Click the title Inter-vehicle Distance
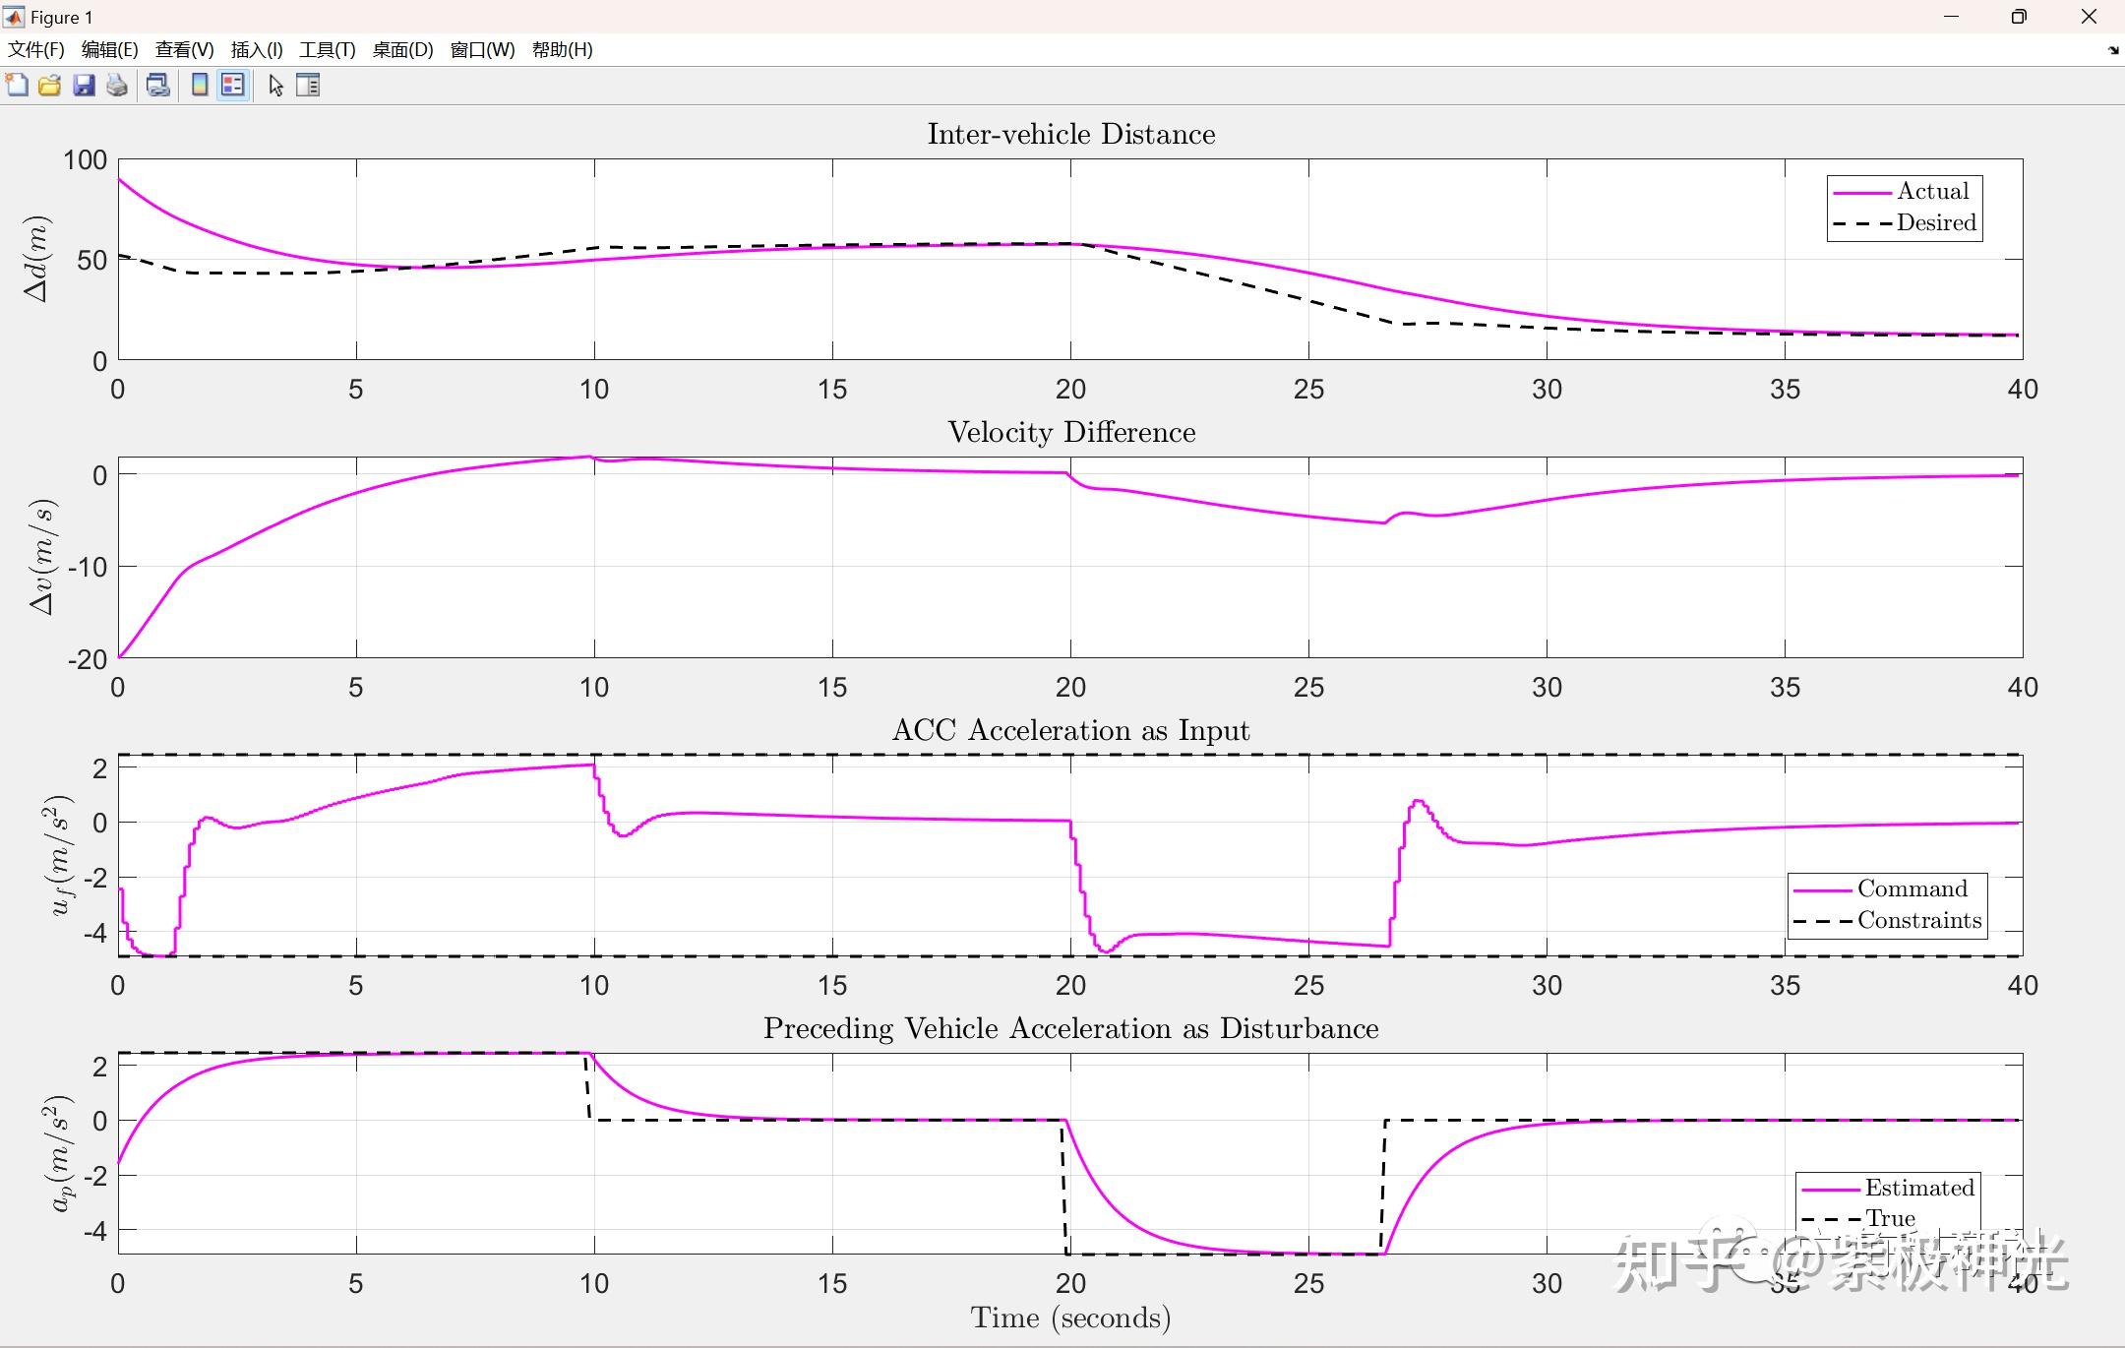pyautogui.click(x=1070, y=134)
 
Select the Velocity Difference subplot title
pyautogui.click(x=1070, y=432)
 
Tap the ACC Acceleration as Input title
pyautogui.click(x=1070, y=730)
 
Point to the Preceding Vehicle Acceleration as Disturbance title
pyautogui.click(x=1070, y=1028)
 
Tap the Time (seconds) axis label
pyautogui.click(x=1070, y=1317)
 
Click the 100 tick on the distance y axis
pyautogui.click(x=86, y=160)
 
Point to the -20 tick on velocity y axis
pyautogui.click(x=88, y=659)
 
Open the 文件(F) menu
pyautogui.click(x=36, y=50)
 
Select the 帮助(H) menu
pyautogui.click(x=562, y=50)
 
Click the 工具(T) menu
pyautogui.click(x=327, y=50)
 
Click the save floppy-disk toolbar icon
pyautogui.click(x=84, y=86)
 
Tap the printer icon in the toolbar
pyautogui.click(x=117, y=86)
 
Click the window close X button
pyautogui.click(x=2089, y=17)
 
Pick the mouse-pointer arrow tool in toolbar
pyautogui.click(x=275, y=86)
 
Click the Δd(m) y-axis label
pyautogui.click(x=37, y=259)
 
